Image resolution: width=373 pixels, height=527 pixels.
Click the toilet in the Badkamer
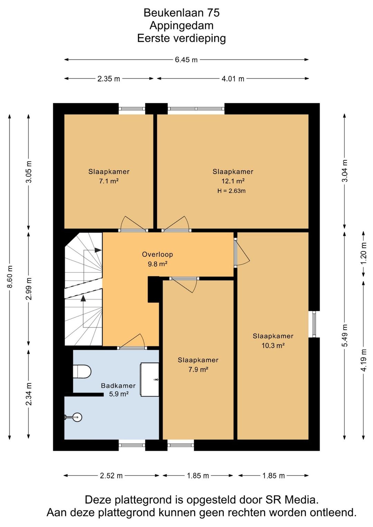click(82, 372)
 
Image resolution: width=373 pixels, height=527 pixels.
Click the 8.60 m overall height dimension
click(10, 277)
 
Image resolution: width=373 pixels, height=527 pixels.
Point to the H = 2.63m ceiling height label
click(231, 191)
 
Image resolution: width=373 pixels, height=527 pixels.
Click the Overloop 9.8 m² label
click(157, 259)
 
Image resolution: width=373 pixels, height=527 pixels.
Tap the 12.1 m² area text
click(233, 181)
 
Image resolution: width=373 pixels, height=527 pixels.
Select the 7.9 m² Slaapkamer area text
click(198, 370)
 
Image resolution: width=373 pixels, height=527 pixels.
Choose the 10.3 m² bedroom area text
click(273, 346)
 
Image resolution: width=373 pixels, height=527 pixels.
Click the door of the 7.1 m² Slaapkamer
click(133, 224)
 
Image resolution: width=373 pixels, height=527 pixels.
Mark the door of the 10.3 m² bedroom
click(242, 253)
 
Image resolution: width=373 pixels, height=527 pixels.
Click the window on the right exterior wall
click(314, 324)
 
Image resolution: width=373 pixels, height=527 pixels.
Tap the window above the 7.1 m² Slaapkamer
click(132, 109)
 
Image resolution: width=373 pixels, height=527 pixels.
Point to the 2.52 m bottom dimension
click(111, 476)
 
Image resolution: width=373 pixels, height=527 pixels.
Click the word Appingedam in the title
click(181, 26)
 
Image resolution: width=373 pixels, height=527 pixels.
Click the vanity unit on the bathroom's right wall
click(150, 380)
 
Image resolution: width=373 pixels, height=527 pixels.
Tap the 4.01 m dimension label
click(233, 79)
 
